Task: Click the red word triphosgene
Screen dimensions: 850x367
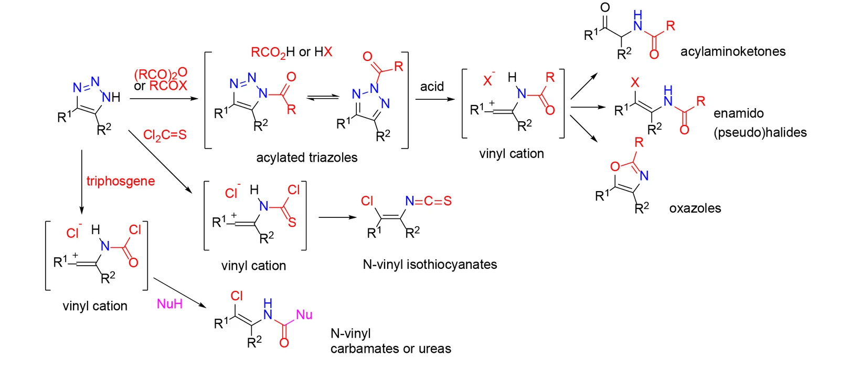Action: click(x=121, y=182)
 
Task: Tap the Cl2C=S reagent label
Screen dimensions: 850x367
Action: click(x=165, y=135)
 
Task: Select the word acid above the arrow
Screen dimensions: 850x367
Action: click(x=432, y=87)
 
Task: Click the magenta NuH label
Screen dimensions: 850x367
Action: click(x=169, y=303)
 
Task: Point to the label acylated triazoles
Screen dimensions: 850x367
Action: click(x=306, y=158)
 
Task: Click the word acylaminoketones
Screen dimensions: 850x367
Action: click(x=733, y=51)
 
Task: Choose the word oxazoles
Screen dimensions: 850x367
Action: click(x=695, y=208)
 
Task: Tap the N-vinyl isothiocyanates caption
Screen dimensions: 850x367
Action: click(x=430, y=264)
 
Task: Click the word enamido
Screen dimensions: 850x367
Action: click(x=738, y=113)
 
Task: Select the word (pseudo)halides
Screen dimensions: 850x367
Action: click(x=760, y=132)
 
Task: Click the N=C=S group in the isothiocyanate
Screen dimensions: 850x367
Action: click(x=429, y=201)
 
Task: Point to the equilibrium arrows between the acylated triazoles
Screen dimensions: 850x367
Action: click(x=323, y=98)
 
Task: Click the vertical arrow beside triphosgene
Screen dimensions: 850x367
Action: click(x=81, y=182)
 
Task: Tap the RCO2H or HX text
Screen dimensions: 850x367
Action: click(x=291, y=53)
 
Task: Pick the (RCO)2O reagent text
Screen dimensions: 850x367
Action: click(x=161, y=73)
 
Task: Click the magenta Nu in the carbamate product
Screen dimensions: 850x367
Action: click(x=304, y=314)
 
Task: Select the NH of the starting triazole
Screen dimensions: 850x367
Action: click(x=111, y=97)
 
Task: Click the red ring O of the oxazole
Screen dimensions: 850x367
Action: click(x=615, y=166)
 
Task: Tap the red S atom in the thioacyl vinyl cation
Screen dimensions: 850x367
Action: click(x=292, y=222)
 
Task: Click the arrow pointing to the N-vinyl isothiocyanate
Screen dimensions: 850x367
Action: click(x=337, y=217)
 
